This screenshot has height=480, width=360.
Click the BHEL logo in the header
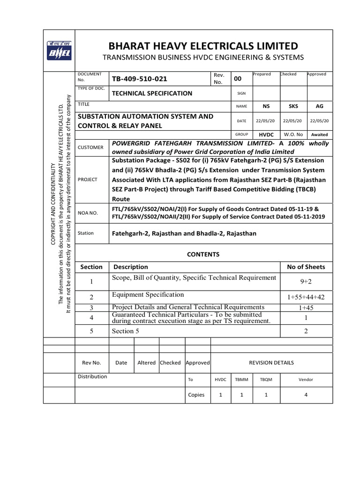59,51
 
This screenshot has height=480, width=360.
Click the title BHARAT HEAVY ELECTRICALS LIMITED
203,46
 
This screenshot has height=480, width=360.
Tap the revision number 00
238,79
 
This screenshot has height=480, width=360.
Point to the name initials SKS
293,106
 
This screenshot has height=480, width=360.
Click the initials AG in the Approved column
320,106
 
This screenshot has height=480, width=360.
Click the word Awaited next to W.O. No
320,135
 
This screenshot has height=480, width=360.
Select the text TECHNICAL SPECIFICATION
152,93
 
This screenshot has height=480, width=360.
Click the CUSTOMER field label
90,148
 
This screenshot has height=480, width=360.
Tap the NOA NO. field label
88,213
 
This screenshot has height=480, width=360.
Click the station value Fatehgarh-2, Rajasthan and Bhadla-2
184,233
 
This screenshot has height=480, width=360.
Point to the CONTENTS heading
203,254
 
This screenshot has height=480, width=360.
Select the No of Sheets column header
306,267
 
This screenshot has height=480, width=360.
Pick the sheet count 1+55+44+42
306,298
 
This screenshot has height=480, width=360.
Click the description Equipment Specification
148,294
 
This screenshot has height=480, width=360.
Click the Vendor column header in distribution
306,380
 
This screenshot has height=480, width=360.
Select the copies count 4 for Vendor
306,395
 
